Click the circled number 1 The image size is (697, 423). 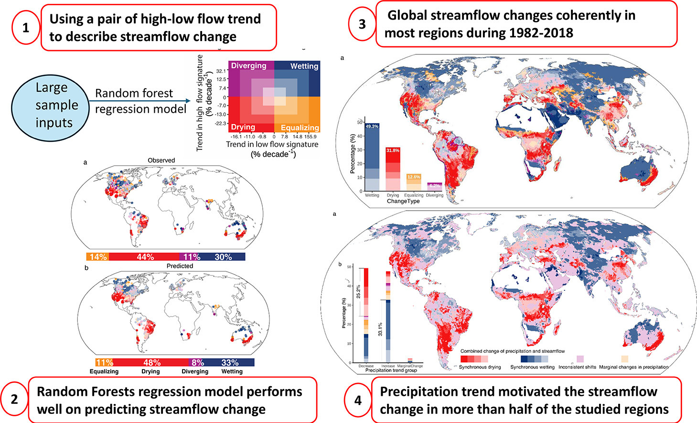(25, 28)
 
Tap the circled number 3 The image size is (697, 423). (362, 23)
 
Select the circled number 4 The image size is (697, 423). (358, 400)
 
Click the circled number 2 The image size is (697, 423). (14, 399)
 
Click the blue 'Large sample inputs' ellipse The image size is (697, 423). (51, 105)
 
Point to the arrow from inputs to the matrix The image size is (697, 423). (143, 101)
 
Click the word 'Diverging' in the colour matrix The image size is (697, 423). (248, 66)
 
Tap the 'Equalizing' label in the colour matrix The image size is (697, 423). (300, 127)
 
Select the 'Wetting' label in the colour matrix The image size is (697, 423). (304, 66)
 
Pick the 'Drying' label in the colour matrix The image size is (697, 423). (243, 127)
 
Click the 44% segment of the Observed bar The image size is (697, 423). (145, 257)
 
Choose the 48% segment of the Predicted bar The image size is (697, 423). (152, 363)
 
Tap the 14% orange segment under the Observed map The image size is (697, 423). (97, 257)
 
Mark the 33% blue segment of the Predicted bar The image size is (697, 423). (230, 363)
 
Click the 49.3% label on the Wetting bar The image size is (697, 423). (372, 127)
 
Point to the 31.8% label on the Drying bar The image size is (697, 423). (393, 150)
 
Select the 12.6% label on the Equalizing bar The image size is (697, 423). (413, 177)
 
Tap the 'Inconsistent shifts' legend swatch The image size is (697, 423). (580, 359)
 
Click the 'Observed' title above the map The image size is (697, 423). (161, 160)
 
